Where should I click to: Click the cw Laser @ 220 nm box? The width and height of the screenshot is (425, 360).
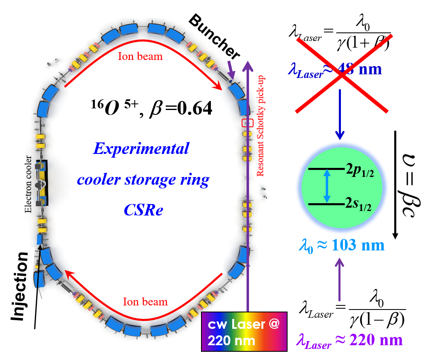point(244,332)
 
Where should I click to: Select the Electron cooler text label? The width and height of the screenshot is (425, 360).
point(28,183)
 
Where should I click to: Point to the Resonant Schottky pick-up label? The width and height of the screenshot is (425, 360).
point(260,126)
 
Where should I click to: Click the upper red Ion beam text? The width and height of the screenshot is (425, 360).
point(140,56)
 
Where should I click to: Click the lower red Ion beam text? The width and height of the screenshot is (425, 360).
point(145,302)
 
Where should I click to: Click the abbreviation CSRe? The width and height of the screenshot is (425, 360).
point(144,210)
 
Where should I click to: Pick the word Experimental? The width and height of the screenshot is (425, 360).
point(141,148)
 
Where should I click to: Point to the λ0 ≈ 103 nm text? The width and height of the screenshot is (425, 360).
point(341,245)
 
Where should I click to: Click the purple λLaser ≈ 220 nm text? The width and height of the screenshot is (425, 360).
point(349,340)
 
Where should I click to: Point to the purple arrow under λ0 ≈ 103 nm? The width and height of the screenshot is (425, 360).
point(339,279)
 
